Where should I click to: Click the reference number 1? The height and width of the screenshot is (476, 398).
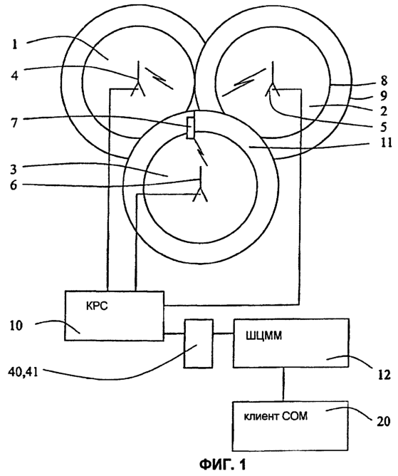click(x=14, y=45)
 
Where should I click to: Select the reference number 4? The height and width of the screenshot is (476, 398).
click(x=14, y=75)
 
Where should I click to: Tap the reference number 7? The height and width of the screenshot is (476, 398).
click(x=14, y=123)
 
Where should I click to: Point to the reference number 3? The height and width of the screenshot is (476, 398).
click(x=14, y=170)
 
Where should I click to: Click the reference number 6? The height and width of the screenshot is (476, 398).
click(x=14, y=185)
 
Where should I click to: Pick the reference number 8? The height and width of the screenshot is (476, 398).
click(x=384, y=81)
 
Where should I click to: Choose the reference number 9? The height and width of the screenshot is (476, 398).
click(x=384, y=95)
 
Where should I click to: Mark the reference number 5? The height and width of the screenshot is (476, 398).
click(x=384, y=127)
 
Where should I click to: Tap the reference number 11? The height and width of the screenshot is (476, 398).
click(x=386, y=142)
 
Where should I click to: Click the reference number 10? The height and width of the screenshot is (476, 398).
click(x=16, y=326)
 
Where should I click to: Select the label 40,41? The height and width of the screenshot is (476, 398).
click(x=23, y=371)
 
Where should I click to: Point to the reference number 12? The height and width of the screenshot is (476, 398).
click(x=384, y=375)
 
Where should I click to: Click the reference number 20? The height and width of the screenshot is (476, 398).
click(x=384, y=421)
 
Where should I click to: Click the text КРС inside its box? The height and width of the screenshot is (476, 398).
click(x=97, y=306)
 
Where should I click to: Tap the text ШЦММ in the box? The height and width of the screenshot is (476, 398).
click(x=263, y=336)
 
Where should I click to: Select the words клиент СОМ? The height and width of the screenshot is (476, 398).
click(x=276, y=416)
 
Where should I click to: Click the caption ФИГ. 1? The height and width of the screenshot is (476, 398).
click(x=223, y=464)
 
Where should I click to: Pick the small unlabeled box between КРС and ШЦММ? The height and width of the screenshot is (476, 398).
click(x=199, y=343)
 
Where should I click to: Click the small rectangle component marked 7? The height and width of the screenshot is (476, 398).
click(x=191, y=128)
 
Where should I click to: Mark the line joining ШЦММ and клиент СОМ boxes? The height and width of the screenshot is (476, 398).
click(x=283, y=384)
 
